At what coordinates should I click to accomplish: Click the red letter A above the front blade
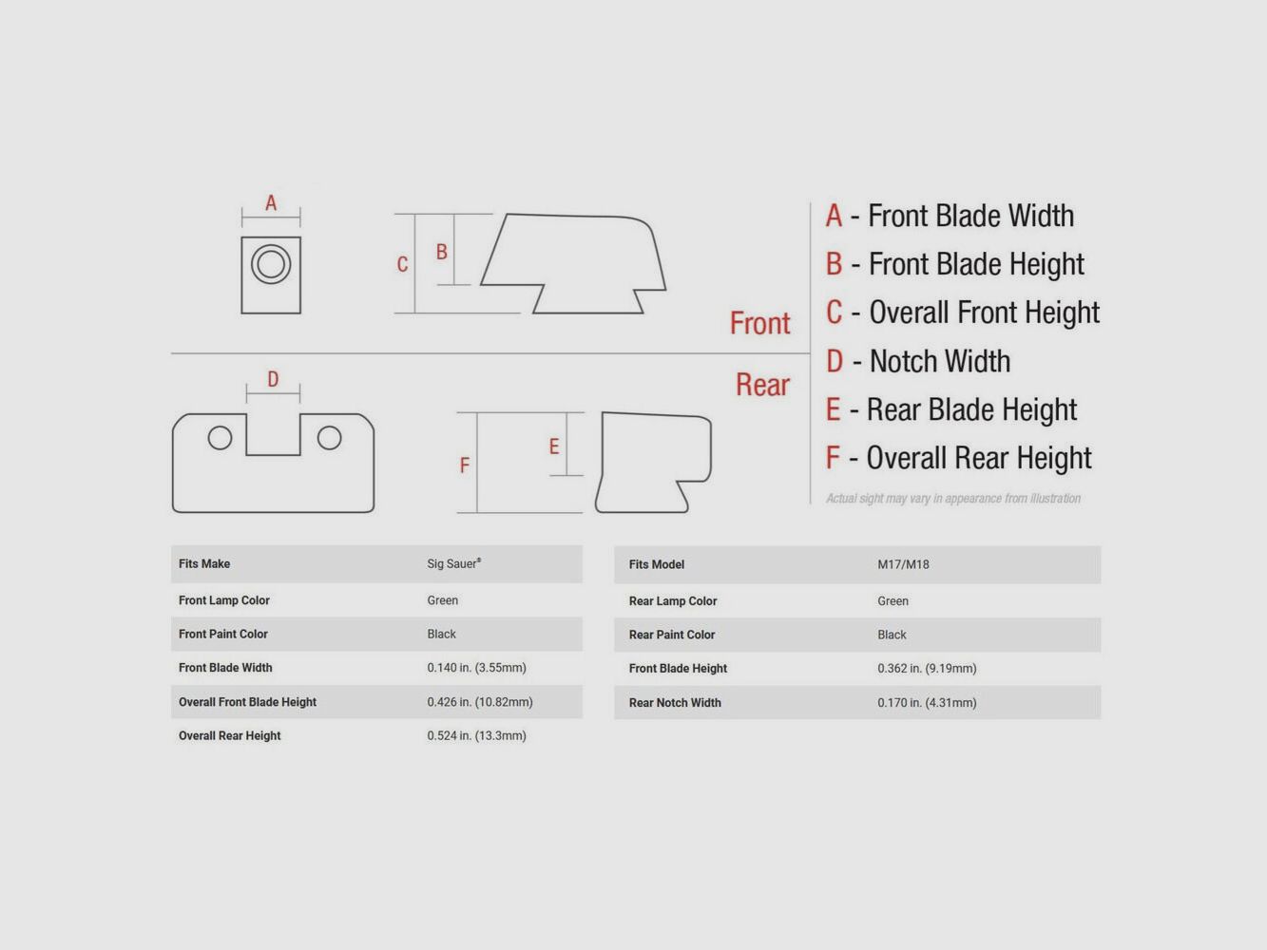[271, 203]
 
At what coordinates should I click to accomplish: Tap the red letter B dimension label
[442, 252]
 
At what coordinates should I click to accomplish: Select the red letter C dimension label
[402, 265]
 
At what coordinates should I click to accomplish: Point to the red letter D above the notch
[273, 379]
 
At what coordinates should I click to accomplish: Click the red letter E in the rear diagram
[554, 446]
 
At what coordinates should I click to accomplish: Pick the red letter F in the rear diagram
[465, 465]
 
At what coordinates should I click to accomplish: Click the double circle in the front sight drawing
[271, 264]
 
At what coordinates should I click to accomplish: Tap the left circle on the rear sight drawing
[220, 438]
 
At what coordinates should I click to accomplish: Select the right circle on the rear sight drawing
[329, 438]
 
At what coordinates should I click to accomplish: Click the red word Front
[759, 323]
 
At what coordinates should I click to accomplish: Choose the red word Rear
[762, 385]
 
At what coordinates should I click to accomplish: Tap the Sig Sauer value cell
[453, 563]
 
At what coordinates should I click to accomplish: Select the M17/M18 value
[903, 564]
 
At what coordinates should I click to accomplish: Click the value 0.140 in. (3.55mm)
[477, 667]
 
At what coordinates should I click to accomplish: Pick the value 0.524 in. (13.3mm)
[477, 735]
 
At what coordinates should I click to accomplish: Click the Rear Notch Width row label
[675, 703]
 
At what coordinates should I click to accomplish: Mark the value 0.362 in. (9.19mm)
[927, 668]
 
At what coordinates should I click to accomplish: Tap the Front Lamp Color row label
[224, 600]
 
